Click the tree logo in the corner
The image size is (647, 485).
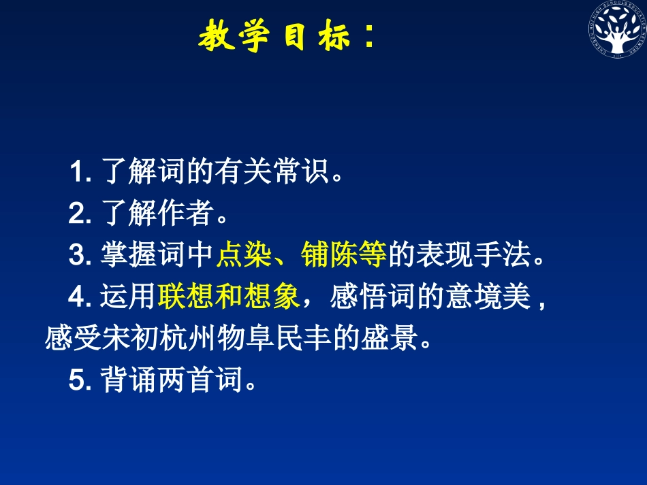click(x=617, y=36)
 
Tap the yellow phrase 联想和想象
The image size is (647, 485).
click(x=229, y=297)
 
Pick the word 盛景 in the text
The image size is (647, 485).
click(x=388, y=339)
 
